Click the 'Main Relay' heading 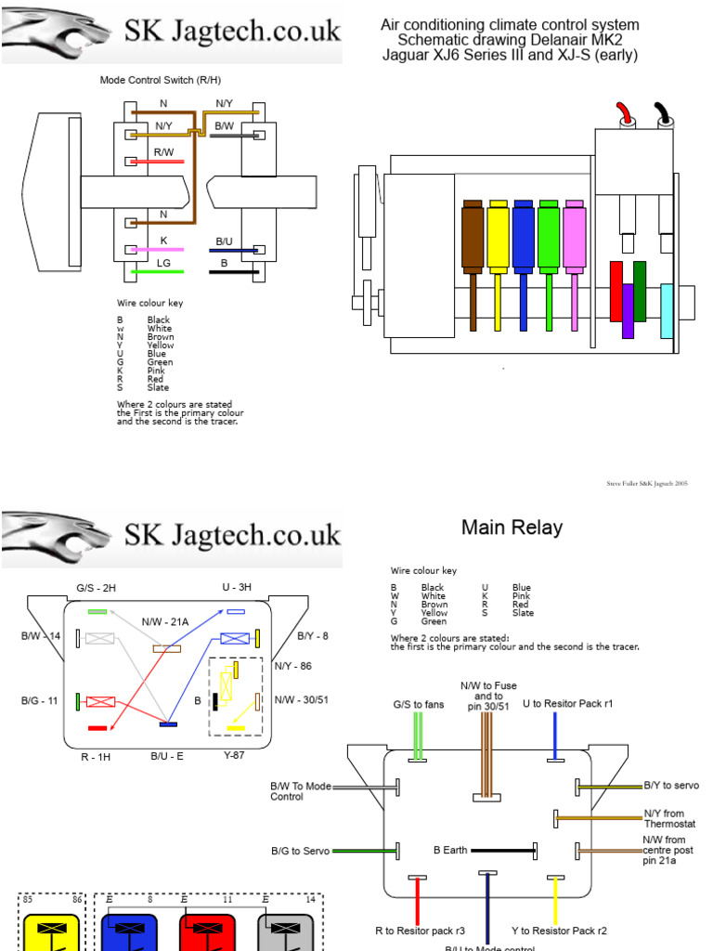[512, 528]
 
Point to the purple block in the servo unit [628, 310]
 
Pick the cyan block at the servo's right [666, 310]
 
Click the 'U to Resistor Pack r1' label [567, 704]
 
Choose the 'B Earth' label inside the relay [449, 849]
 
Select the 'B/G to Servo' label [301, 850]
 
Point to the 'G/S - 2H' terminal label [97, 589]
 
